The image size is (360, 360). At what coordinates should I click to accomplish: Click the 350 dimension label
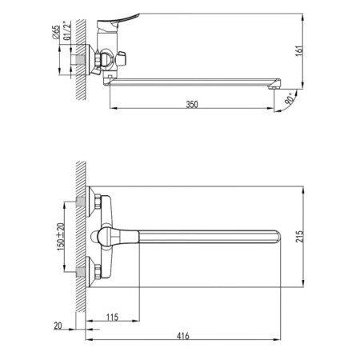[x=192, y=104]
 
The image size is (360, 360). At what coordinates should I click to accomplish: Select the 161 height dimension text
[x=299, y=51]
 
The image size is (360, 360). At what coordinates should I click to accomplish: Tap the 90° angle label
[x=290, y=98]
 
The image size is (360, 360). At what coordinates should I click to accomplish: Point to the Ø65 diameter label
[x=56, y=32]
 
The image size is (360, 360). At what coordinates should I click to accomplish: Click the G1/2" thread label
[x=68, y=30]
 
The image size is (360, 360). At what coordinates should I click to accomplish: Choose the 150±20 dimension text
[x=61, y=237]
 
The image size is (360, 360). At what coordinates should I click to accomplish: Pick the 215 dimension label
[x=300, y=237]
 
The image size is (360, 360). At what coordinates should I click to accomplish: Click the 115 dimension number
[x=112, y=317]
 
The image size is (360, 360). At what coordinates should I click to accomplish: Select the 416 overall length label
[x=183, y=336]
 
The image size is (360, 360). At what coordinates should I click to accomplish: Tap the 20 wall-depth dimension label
[x=58, y=326]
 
